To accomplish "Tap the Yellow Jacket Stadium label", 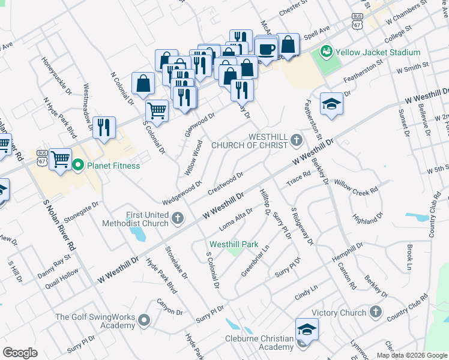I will point(378,52).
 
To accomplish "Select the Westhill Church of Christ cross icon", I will point(295,140).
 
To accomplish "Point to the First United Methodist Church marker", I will point(177,218).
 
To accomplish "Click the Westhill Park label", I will point(234,244).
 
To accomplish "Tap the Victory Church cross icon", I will point(375,312).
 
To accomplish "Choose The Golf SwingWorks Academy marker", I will point(143,320).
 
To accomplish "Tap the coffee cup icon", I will point(266,49).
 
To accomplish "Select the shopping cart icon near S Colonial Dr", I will point(157,110).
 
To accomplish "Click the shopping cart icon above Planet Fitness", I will point(60,160).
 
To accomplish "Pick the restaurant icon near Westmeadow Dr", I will point(104,127).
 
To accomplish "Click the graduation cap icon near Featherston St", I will point(331,104).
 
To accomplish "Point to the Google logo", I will point(20,353).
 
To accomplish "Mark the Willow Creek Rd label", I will point(357,186).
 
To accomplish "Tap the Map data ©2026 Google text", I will point(411,355).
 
